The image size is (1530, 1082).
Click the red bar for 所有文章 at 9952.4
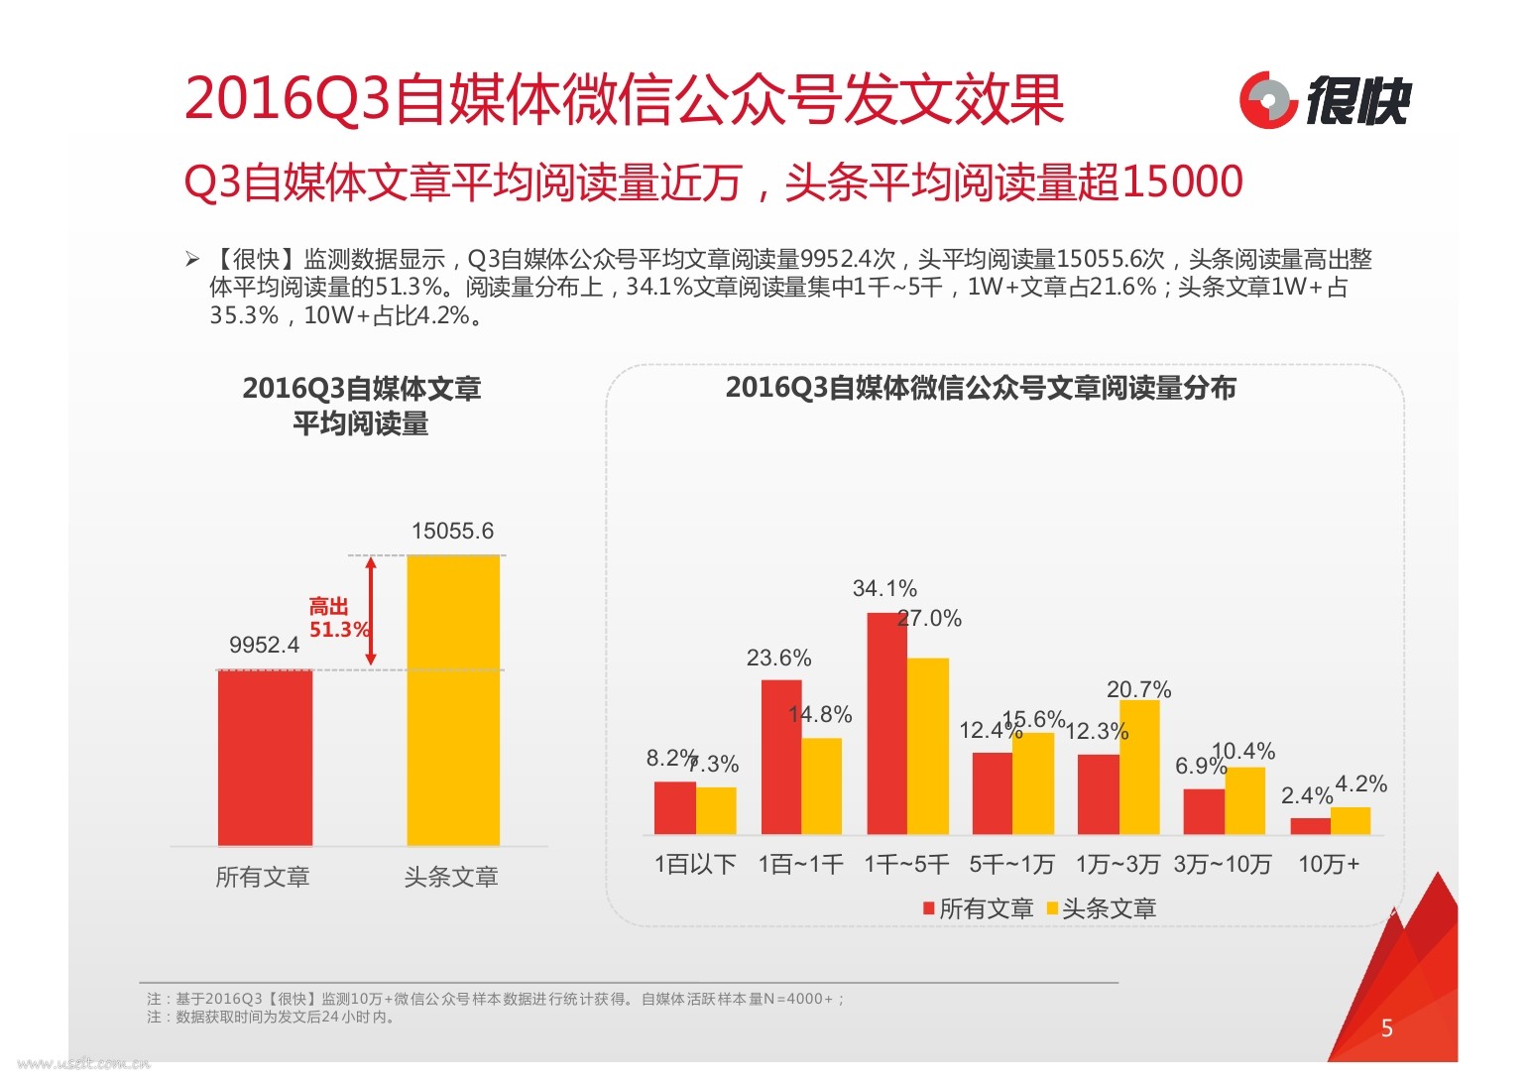[265, 758]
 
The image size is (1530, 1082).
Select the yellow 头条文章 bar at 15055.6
[453, 699]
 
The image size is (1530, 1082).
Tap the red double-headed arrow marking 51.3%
[371, 611]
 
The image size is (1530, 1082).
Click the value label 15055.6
[452, 531]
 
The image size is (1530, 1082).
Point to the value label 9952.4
[264, 645]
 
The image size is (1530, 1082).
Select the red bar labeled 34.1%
[886, 723]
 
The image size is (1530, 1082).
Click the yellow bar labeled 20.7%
[1139, 767]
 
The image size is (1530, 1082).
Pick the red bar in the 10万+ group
[1310, 825]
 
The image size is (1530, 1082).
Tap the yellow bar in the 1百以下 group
[716, 810]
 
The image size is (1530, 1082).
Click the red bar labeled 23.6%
[781, 757]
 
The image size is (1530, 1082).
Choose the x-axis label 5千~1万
[1011, 864]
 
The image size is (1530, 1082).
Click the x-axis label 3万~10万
[1223, 864]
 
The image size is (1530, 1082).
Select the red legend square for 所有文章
[929, 907]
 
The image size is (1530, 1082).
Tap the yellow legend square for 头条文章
[1053, 907]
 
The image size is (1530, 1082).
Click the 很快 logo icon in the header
[1268, 100]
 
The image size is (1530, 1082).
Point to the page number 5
[1386, 1028]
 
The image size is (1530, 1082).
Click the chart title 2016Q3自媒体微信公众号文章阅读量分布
[981, 388]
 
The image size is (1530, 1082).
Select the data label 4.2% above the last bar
[1360, 784]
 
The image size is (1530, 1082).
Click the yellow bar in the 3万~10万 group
[1244, 800]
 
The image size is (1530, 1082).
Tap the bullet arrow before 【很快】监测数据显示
[192, 260]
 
